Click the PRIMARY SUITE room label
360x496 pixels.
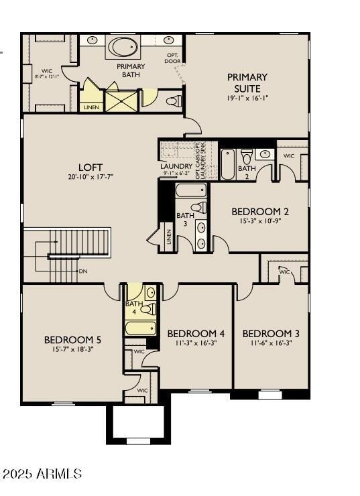247,82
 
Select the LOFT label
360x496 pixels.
91,167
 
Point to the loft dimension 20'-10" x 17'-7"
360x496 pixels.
91,177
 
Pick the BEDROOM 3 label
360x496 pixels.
271,333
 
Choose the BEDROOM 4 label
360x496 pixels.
195,333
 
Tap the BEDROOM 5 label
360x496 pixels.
72,339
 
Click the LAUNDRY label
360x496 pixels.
176,166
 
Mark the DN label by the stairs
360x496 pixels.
82,271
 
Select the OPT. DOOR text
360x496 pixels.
172,58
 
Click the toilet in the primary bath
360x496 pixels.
174,101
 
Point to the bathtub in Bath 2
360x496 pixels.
228,165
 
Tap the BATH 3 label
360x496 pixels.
185,219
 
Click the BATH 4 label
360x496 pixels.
133,308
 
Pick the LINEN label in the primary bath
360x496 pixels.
91,107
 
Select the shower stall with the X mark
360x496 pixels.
121,101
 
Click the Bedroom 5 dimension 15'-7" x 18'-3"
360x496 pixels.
72,349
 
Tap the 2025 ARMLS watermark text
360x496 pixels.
42,474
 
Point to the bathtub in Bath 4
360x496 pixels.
141,328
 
